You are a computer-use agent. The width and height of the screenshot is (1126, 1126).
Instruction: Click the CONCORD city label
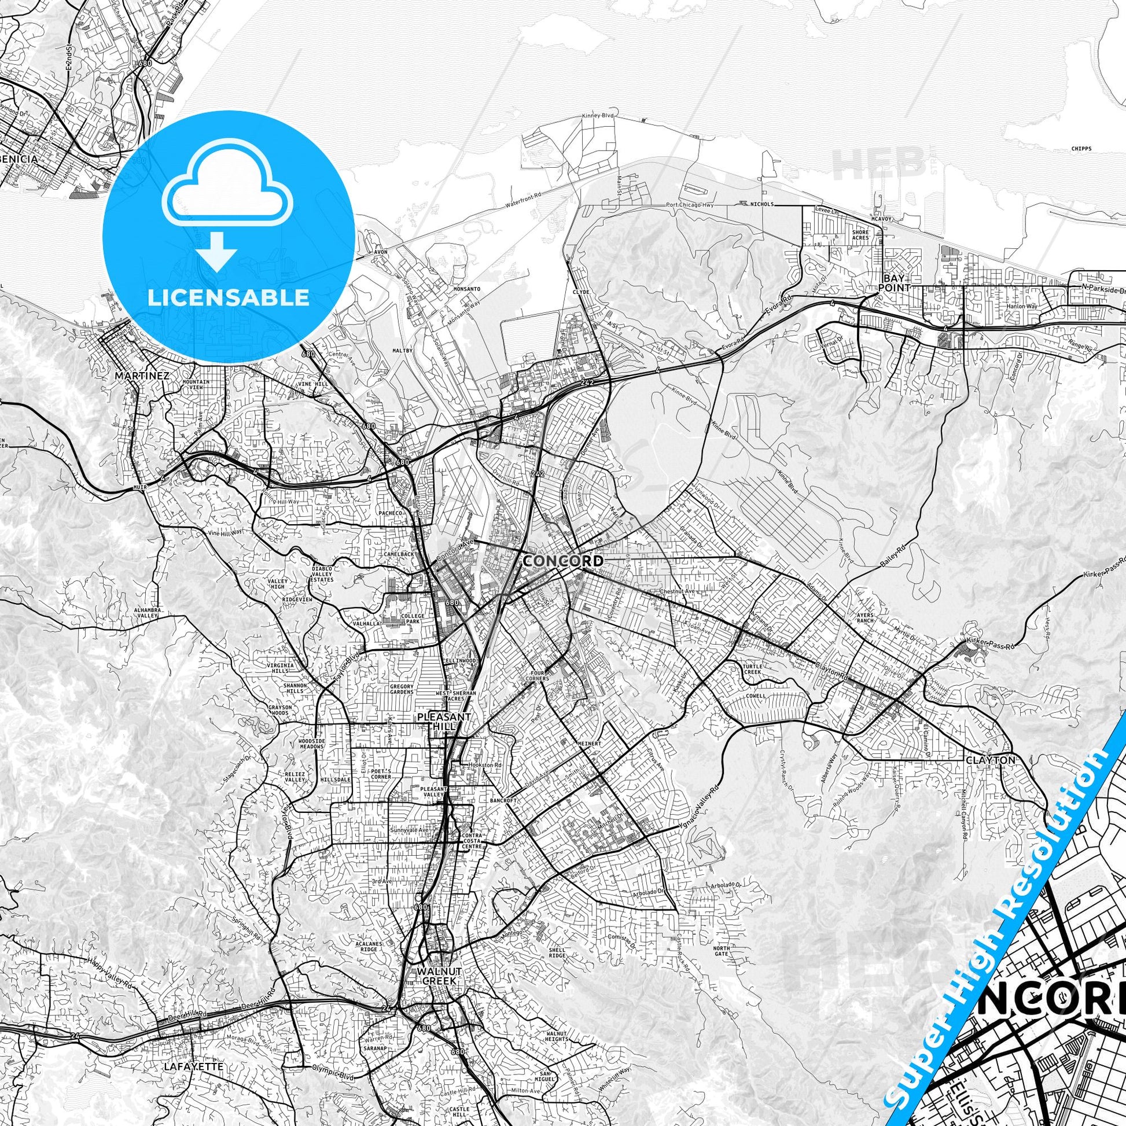(x=563, y=561)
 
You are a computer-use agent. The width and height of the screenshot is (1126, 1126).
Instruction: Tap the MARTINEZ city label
(x=142, y=376)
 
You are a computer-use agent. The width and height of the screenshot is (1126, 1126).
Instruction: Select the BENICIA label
(x=19, y=158)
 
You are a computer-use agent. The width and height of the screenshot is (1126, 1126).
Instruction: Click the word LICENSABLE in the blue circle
(x=229, y=297)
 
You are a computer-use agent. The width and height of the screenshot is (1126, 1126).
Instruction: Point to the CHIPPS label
(x=1080, y=148)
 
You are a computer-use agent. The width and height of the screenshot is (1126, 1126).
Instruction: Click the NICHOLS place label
(x=762, y=205)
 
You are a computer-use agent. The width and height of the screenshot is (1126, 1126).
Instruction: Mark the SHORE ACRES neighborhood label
(x=860, y=235)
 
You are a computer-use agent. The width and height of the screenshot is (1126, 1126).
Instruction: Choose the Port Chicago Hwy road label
(x=690, y=205)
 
